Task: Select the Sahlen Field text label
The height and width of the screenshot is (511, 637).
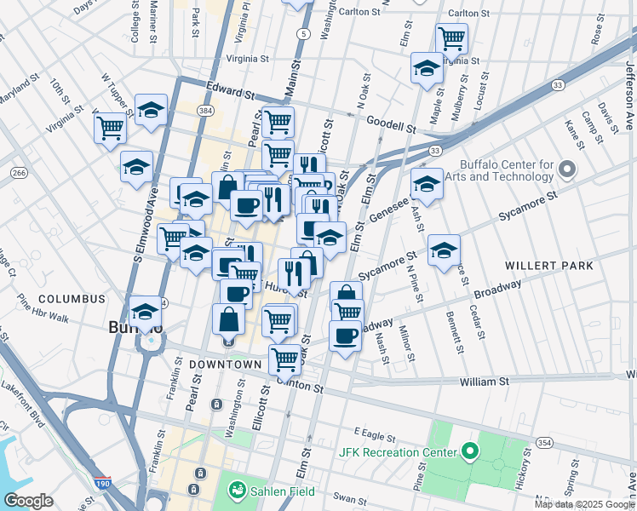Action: (281, 491)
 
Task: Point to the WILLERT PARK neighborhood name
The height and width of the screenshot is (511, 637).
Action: (548, 266)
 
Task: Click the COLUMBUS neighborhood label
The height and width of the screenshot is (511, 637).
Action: (72, 300)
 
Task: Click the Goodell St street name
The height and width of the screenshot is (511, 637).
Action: (391, 123)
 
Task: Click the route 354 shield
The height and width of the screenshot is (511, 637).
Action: (544, 442)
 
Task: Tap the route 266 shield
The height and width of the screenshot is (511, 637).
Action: (18, 173)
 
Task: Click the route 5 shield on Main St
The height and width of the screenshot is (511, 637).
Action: (302, 33)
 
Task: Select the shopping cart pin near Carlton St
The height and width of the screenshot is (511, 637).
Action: (451, 37)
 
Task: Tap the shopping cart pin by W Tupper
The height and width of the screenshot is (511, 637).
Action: (110, 128)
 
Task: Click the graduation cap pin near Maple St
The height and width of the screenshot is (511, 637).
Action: (426, 69)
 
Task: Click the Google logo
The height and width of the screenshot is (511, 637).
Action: (29, 501)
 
